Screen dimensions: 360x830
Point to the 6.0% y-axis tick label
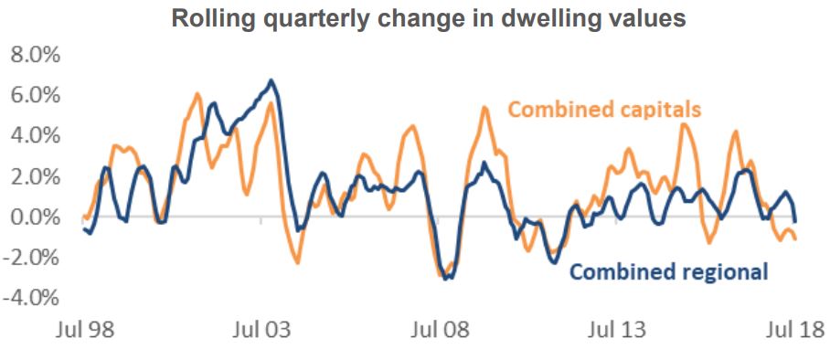[x=34, y=95]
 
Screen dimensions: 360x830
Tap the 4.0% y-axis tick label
[x=34, y=135]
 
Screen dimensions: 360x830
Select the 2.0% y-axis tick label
[x=34, y=176]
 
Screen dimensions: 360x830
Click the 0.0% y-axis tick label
[x=34, y=217]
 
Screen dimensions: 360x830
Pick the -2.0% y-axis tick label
[x=31, y=258]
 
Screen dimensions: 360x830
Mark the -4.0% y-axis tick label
[x=31, y=299]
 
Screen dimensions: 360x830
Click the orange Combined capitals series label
[x=604, y=111]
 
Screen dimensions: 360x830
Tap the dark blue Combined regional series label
[x=668, y=271]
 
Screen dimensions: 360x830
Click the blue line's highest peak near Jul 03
[x=271, y=80]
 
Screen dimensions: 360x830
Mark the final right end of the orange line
[x=795, y=239]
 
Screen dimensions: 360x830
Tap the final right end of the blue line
[x=795, y=221]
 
